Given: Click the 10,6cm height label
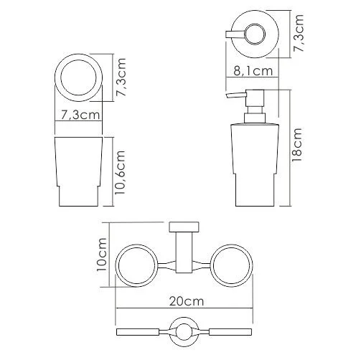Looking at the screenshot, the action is point(120,172).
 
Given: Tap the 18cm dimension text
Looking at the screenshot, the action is point(297,145).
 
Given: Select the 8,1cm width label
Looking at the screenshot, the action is point(253,71).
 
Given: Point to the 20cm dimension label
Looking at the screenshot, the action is point(187,301).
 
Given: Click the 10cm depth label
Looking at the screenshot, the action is point(100,255).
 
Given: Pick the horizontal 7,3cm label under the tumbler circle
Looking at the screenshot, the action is point(80,115).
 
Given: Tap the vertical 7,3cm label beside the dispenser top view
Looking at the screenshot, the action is point(299,33).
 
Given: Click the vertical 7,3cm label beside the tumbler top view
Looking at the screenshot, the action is point(121,77).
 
